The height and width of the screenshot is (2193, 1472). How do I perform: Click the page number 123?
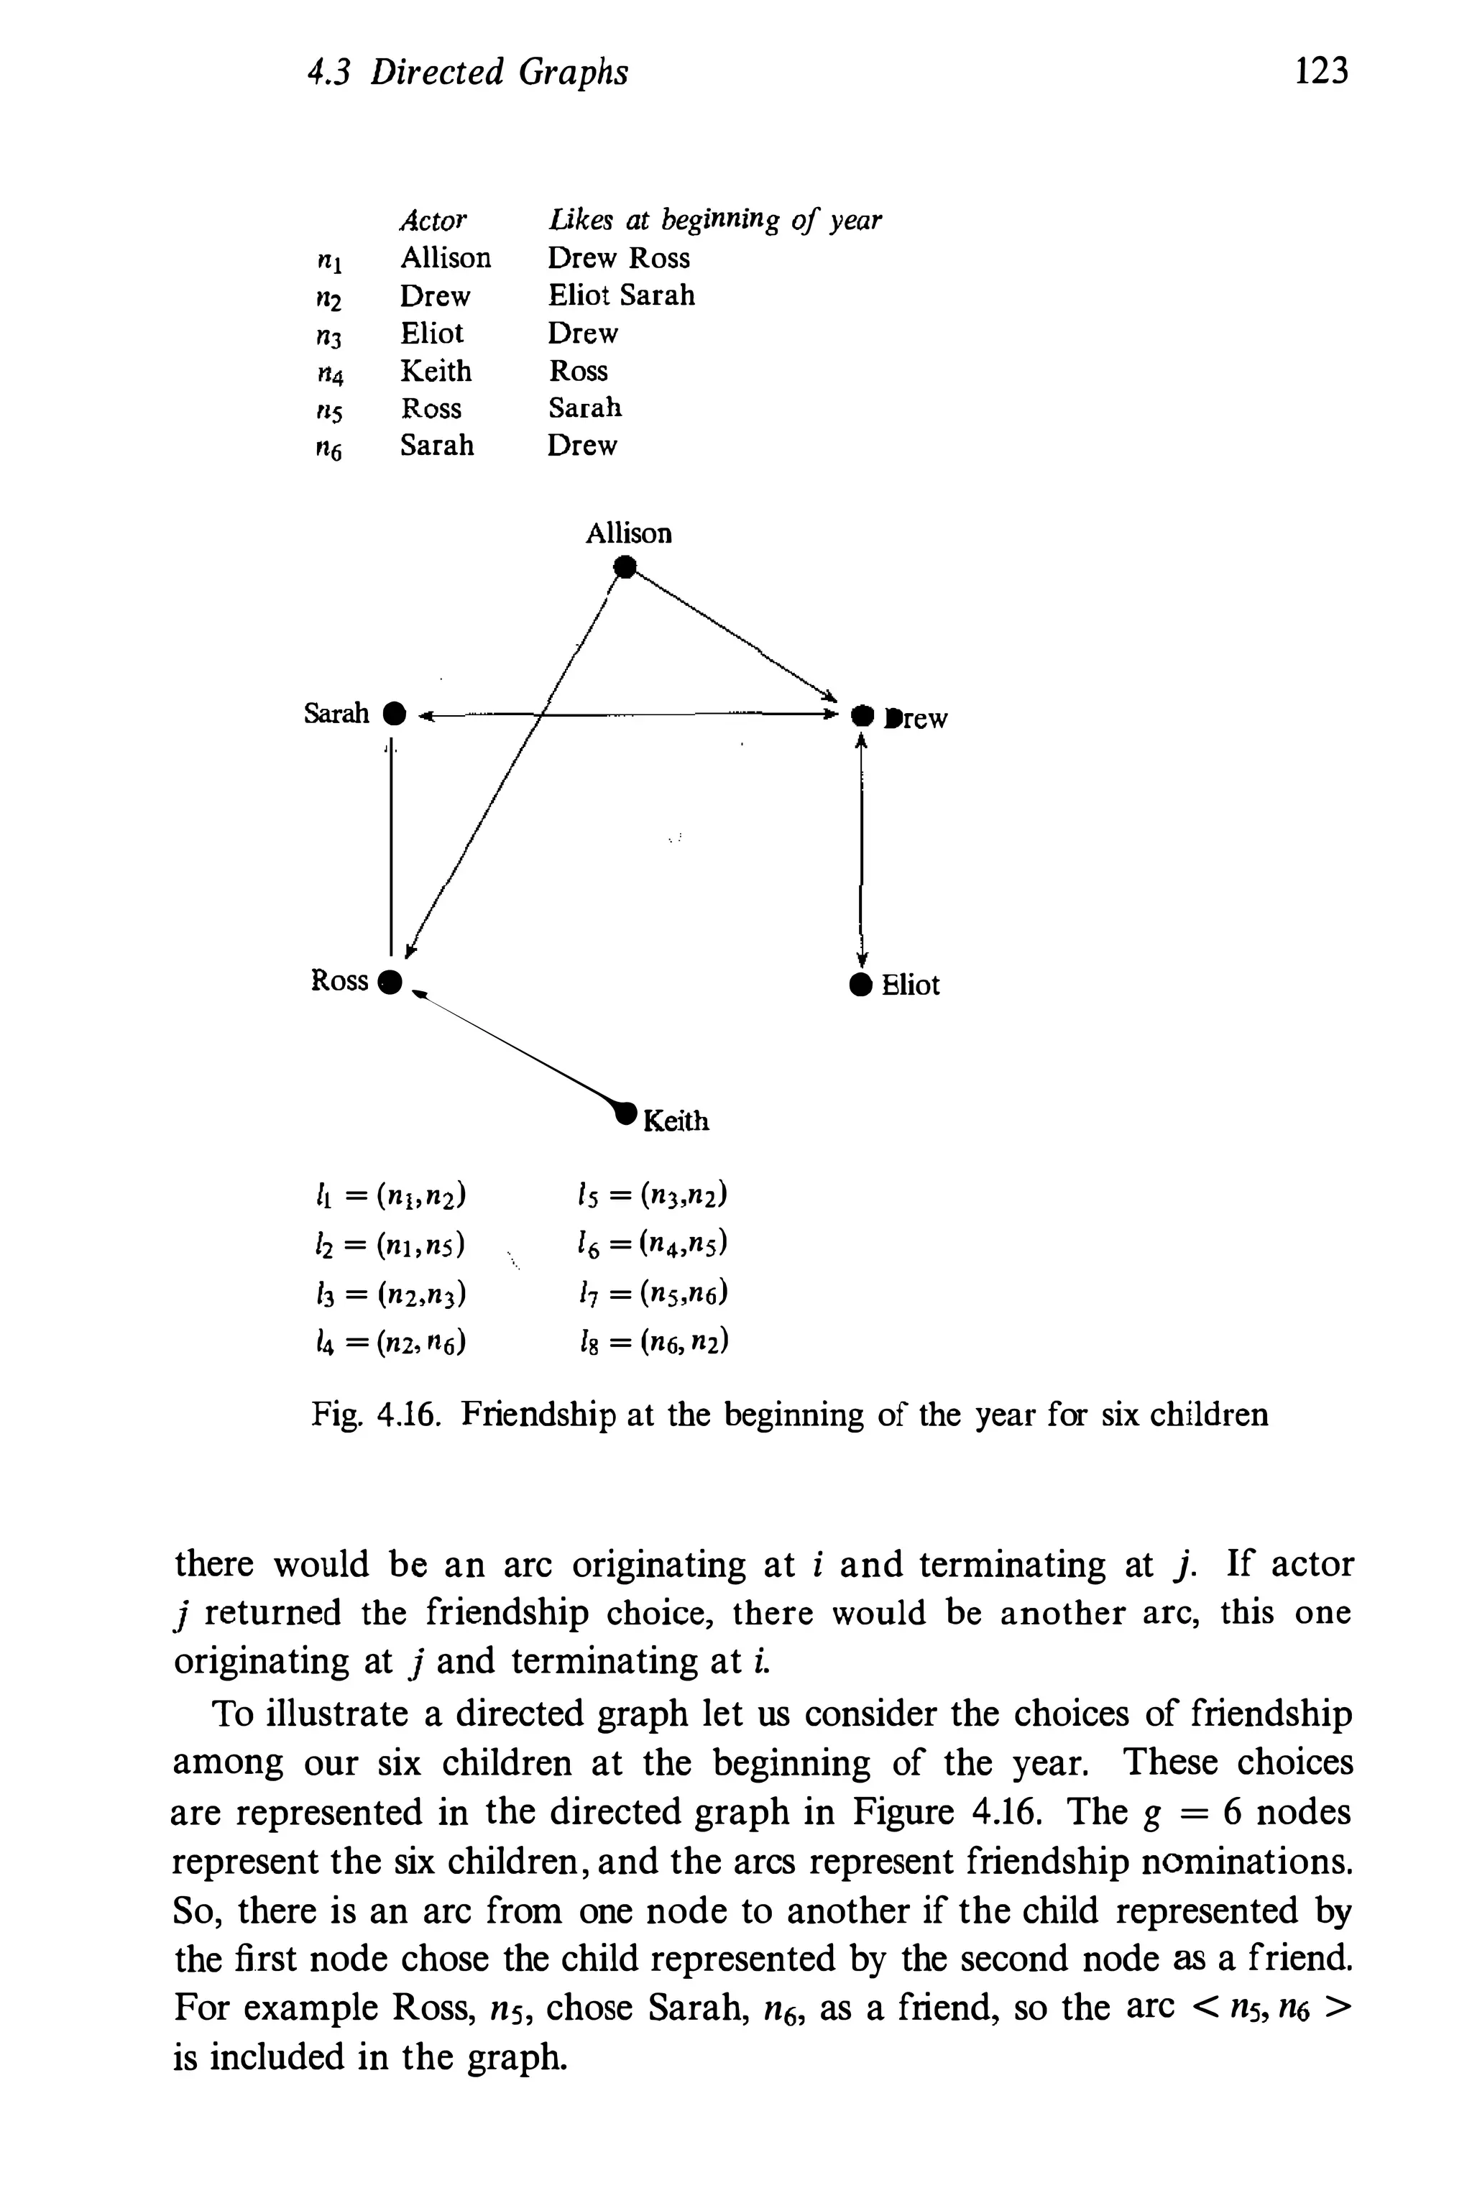[1321, 71]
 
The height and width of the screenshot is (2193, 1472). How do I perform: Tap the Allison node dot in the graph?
[625, 566]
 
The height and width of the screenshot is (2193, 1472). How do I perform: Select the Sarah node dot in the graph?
[396, 714]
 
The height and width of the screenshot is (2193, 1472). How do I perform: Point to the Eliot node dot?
[860, 985]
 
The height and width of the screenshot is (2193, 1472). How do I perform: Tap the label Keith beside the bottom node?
[676, 1121]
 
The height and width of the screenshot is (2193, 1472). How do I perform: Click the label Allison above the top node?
[628, 534]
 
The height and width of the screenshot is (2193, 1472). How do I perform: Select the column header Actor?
[433, 221]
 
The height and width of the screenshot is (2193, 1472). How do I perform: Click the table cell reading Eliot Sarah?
[622, 295]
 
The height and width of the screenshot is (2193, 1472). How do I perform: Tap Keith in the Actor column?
[436, 372]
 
